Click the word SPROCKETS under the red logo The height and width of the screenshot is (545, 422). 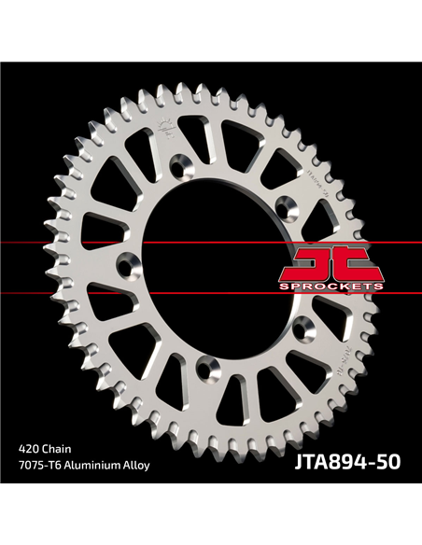[331, 286]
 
